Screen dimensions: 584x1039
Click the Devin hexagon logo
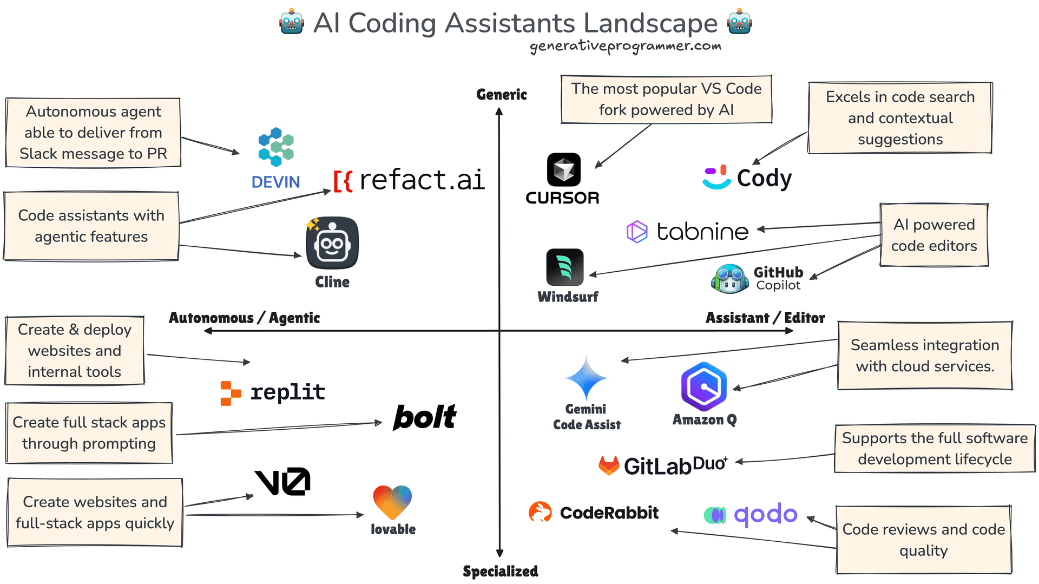pos(276,147)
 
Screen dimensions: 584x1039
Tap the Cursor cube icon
pos(563,170)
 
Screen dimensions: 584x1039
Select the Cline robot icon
pos(332,243)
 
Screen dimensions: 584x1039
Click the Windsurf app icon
pos(564,267)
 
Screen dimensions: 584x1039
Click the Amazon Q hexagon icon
pos(703,386)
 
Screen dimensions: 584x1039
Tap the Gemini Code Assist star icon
pos(586,378)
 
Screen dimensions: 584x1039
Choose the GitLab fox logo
pos(609,465)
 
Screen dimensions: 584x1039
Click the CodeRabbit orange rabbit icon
pos(540,512)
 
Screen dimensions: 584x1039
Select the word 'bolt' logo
pos(425,417)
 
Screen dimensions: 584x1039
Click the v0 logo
pos(282,482)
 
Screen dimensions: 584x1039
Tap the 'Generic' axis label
pos(501,95)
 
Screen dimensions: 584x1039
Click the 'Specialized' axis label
pos(500,571)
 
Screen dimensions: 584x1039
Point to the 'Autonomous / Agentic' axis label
pos(244,318)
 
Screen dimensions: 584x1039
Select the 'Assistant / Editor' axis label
pos(765,318)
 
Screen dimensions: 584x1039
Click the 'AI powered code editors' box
pos(934,235)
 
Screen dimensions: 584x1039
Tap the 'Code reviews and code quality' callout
pos(923,540)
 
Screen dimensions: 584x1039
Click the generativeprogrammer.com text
pos(625,47)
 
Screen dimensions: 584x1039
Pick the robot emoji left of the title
pos(292,23)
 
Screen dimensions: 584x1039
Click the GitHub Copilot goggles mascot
pos(730,279)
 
